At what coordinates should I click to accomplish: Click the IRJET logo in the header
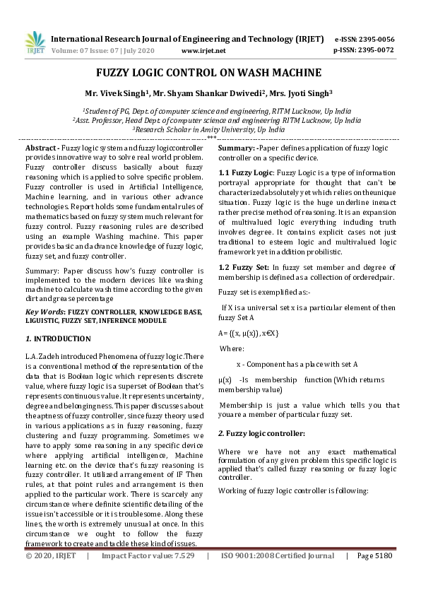(33, 43)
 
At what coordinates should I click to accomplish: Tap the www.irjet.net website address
(203, 51)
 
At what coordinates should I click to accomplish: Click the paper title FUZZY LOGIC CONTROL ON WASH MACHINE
(209, 73)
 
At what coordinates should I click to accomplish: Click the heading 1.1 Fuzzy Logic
(244, 172)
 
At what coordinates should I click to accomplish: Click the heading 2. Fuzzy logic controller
(261, 432)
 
